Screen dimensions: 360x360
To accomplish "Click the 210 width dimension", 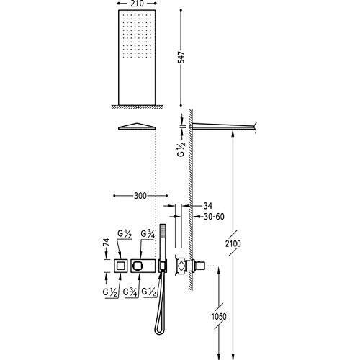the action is click(x=138, y=4).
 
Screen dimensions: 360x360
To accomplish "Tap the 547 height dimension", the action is click(x=182, y=57).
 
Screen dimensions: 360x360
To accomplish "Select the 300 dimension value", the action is click(x=140, y=196).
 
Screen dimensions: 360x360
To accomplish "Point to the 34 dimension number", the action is click(x=208, y=206).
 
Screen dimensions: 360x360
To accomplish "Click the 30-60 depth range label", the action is click(x=214, y=217).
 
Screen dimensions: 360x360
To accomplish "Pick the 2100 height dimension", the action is click(x=233, y=243).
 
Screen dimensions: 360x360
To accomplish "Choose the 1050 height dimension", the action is click(x=219, y=316).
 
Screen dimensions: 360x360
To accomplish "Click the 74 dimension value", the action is click(x=107, y=242).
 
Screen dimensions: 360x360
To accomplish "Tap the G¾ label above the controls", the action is click(x=147, y=234).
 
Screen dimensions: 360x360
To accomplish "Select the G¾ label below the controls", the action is click(x=130, y=292).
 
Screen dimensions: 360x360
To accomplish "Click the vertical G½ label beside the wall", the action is click(x=181, y=149).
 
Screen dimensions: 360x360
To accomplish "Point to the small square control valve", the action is click(x=120, y=266).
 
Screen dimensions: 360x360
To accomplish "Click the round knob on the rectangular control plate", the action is click(x=138, y=266).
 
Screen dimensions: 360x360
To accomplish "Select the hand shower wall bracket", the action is click(x=163, y=266).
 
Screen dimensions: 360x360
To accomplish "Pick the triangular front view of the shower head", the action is click(x=137, y=126).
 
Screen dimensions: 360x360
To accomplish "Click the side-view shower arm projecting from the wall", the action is click(x=224, y=126).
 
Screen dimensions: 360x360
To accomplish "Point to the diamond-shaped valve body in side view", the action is click(x=181, y=266).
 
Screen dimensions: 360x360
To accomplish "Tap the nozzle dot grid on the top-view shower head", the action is click(x=137, y=36).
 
